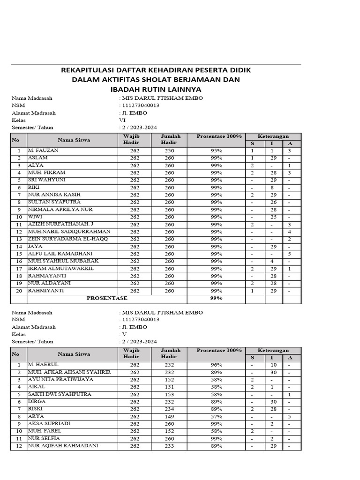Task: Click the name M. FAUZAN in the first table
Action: pos(40,150)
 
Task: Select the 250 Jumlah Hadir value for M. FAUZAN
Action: pos(169,150)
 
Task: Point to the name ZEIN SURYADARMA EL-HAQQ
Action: pos(67,239)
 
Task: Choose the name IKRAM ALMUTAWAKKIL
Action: pos(60,268)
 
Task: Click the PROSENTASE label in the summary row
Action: pos(107,298)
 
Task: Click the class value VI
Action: pos(123,120)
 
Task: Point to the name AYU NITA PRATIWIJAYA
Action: pos(60,379)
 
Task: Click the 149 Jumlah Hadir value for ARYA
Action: pos(169,416)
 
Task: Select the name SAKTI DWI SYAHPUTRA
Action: pos(60,394)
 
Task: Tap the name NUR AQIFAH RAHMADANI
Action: pos(63,445)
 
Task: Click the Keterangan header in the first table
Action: pos(273,136)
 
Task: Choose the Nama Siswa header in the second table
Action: pos(74,354)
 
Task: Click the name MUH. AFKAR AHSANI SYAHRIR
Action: pos(69,372)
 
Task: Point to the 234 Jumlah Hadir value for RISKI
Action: pos(169,409)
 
